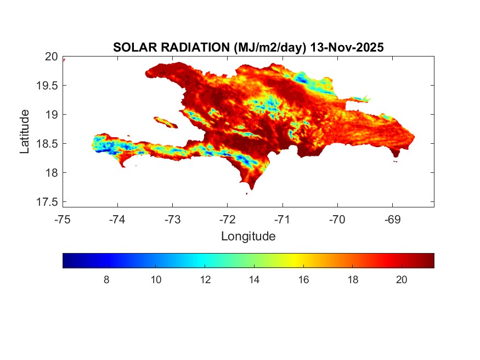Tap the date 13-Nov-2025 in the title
coord(346,48)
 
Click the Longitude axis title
coord(248,237)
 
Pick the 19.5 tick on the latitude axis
coord(48,86)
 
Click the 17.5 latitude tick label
coord(48,202)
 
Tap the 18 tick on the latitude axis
coord(52,173)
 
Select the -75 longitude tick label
coord(63,220)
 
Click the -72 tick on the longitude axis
coord(227,220)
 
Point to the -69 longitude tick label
coord(392,220)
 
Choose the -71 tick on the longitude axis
coord(283,220)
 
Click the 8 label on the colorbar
coord(106,280)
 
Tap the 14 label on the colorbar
coord(254,280)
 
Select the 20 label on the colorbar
coord(402,280)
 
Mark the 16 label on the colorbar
coord(303,280)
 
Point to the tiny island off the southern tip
coord(246,193)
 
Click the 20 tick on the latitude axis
coord(52,57)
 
